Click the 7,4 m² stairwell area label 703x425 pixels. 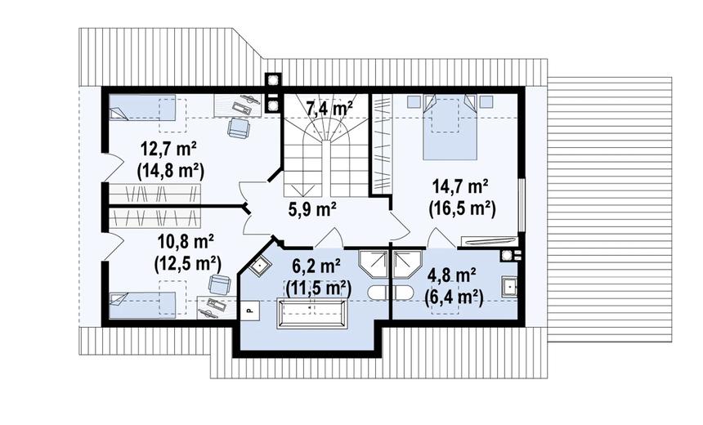click(x=329, y=109)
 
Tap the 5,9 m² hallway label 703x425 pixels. click(x=312, y=209)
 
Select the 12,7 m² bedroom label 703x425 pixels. click(x=169, y=149)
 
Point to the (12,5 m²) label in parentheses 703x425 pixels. click(x=187, y=264)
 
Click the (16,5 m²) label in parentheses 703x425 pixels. click(x=462, y=208)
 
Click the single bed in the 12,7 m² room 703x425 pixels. click(x=142, y=108)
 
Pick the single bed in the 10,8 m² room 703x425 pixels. click(x=142, y=305)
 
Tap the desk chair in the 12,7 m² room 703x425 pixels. click(x=238, y=127)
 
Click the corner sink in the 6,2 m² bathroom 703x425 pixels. click(x=259, y=266)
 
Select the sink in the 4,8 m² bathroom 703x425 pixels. click(x=510, y=287)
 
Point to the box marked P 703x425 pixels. click(x=249, y=309)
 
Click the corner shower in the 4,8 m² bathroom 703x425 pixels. click(x=407, y=264)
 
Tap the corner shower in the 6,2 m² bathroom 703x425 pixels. click(x=374, y=264)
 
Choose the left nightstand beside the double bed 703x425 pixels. click(x=414, y=101)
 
